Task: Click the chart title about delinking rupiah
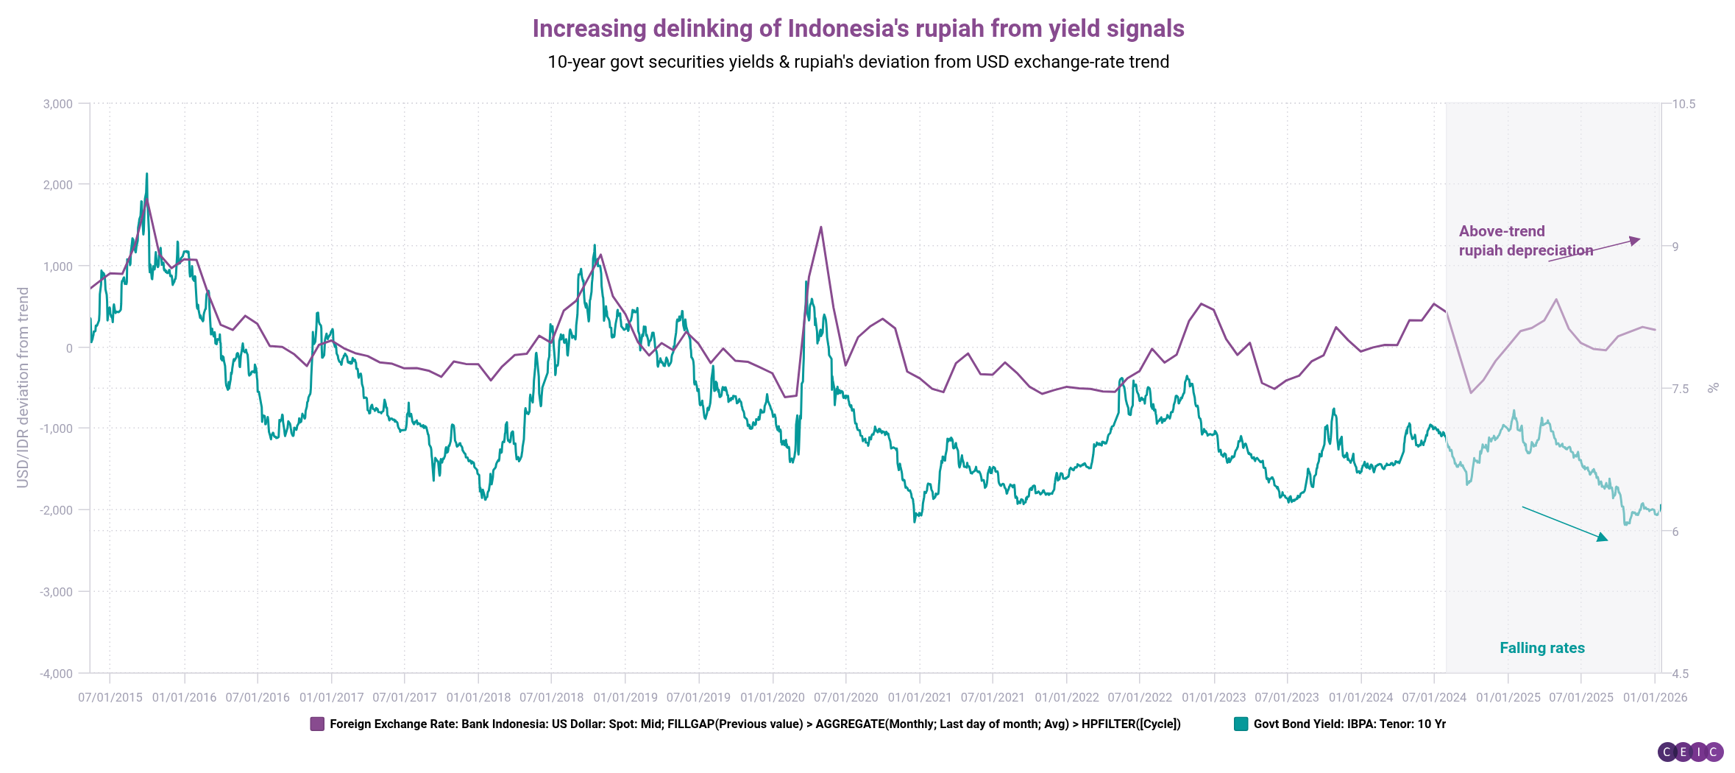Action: click(x=858, y=29)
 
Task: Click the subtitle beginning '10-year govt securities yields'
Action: click(x=858, y=62)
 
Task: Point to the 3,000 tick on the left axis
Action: click(x=58, y=104)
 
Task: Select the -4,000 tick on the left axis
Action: click(x=57, y=674)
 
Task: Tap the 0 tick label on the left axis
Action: click(x=69, y=348)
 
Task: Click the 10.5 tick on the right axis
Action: click(x=1683, y=104)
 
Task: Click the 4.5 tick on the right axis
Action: click(x=1681, y=674)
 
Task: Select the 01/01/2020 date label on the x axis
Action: click(x=773, y=697)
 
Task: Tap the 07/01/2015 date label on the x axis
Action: click(x=110, y=697)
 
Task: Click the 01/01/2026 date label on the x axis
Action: click(x=1655, y=697)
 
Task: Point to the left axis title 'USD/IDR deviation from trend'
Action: click(x=23, y=387)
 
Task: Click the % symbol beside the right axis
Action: click(x=1713, y=387)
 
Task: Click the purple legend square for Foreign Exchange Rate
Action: click(x=317, y=724)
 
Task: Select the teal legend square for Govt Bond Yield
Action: click(x=1241, y=724)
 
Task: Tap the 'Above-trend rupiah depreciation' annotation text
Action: click(x=1525, y=241)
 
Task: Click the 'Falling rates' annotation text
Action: click(x=1542, y=648)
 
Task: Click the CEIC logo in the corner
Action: click(x=1690, y=752)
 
